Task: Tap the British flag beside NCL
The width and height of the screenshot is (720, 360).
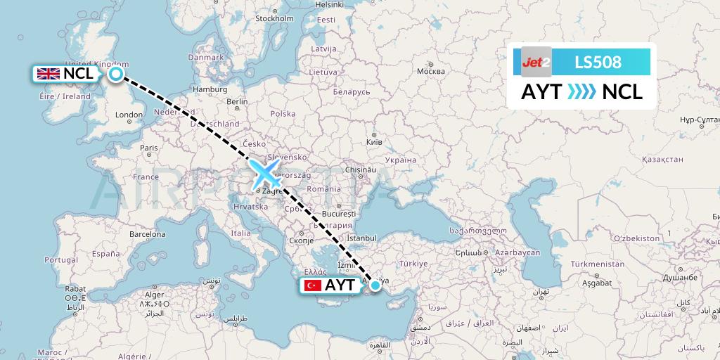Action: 48,74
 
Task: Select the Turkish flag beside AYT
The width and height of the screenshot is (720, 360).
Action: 312,285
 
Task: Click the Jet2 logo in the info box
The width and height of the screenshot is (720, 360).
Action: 536,63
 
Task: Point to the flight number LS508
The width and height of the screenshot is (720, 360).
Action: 598,63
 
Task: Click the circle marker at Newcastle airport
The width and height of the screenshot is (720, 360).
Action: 115,74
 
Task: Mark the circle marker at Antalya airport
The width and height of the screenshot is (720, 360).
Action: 375,285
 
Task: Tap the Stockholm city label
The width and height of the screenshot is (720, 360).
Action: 274,19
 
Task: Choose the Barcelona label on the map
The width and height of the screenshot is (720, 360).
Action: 147,233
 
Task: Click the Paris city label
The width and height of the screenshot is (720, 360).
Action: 148,148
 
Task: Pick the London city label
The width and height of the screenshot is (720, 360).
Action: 130,115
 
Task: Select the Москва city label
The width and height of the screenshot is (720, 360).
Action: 430,72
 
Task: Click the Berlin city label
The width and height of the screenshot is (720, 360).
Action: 238,101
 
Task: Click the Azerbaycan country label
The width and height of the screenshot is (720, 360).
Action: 516,251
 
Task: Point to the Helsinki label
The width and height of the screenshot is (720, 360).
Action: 330,4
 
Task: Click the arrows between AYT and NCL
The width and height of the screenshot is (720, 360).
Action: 581,91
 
